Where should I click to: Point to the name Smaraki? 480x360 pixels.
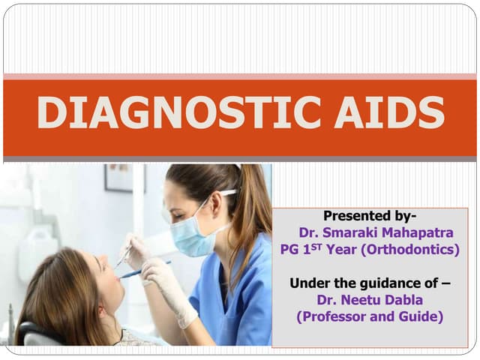click(349, 232)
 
